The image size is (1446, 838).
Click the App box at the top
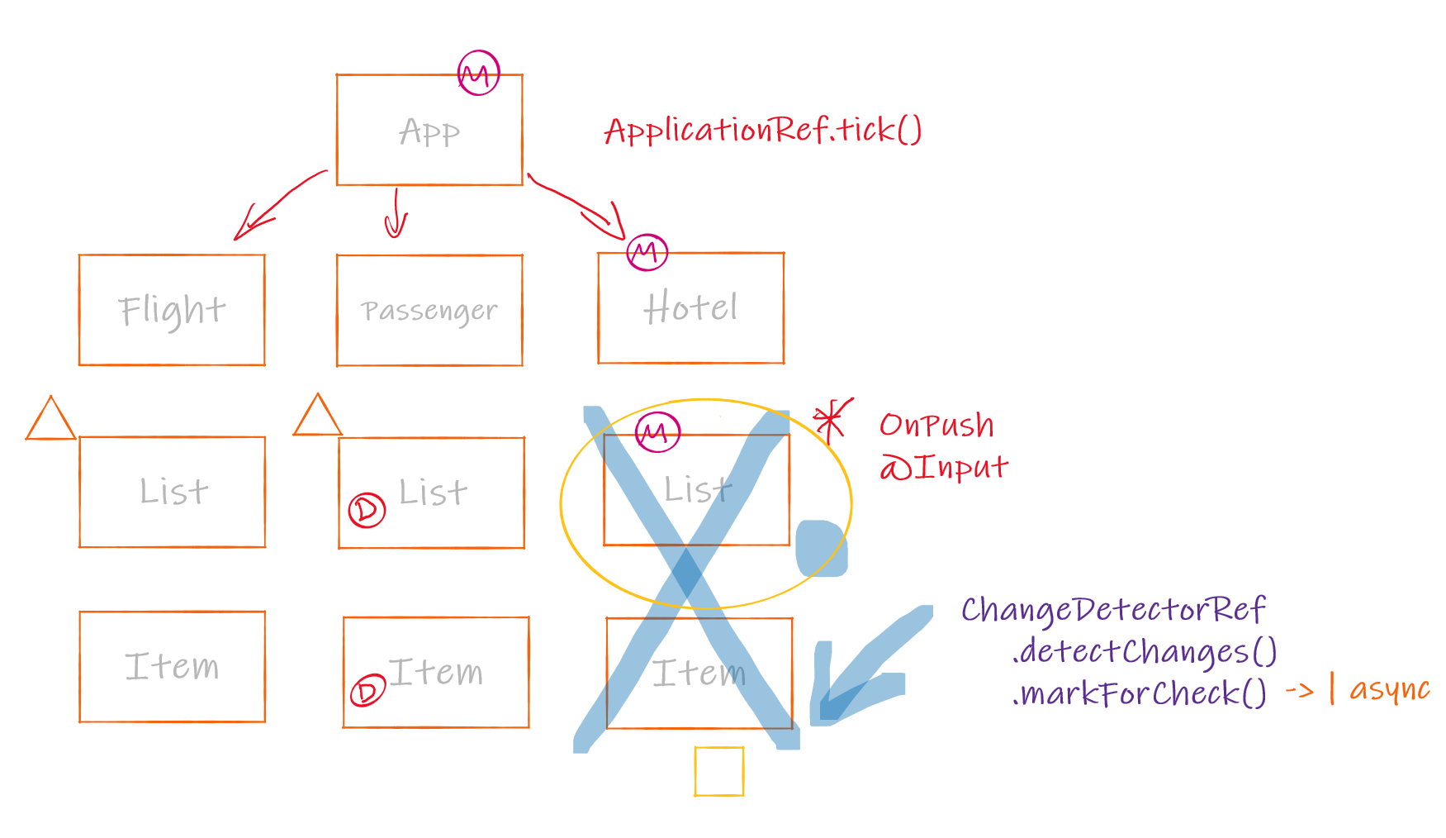(429, 130)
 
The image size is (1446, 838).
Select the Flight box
(172, 310)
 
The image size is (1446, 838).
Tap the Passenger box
(429, 310)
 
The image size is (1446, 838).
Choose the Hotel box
(690, 307)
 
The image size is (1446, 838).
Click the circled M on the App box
(479, 74)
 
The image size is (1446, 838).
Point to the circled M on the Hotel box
(647, 251)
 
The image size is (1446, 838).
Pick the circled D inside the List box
(367, 510)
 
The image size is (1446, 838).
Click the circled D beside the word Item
(367, 690)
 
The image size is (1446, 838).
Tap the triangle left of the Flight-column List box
(50, 420)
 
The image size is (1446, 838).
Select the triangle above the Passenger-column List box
(317, 416)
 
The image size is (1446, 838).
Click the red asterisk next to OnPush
(832, 420)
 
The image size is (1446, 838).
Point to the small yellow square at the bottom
(719, 771)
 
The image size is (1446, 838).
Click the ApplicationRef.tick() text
(762, 131)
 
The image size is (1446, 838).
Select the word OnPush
(936, 425)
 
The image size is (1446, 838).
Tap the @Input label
(944, 468)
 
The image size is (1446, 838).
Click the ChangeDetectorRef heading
(1112, 610)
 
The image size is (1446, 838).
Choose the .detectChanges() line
(1144, 652)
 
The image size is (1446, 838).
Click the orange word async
(1389, 689)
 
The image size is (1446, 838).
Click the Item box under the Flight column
(172, 666)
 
